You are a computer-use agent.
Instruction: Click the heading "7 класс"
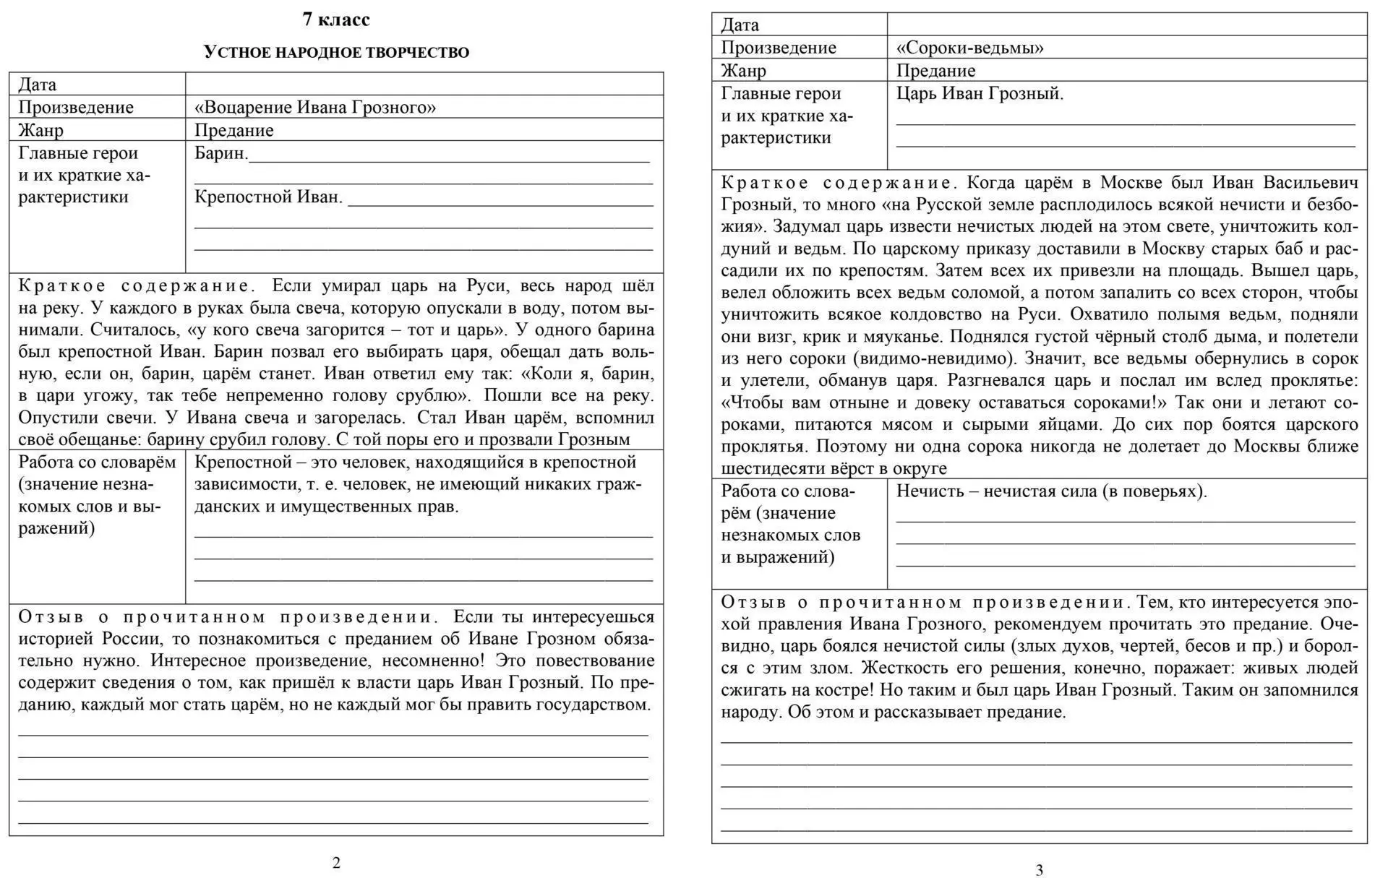coord(336,20)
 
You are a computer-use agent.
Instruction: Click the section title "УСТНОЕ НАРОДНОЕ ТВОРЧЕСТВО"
coord(336,52)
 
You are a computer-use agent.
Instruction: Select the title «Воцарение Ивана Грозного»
coord(315,108)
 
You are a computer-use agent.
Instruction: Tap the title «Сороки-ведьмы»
coord(970,48)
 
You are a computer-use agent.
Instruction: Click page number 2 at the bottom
coord(336,862)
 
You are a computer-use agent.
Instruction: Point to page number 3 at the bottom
coord(1040,870)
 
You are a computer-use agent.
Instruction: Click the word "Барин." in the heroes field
coord(221,153)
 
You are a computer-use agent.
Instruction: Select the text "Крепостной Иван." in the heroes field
coord(268,197)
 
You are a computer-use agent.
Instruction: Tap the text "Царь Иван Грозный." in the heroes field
coord(980,94)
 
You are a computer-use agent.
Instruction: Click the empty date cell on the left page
coord(424,85)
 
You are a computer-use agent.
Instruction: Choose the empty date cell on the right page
coord(1126,25)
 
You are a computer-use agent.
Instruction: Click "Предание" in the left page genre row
coord(234,131)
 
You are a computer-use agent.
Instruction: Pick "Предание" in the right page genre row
coord(935,71)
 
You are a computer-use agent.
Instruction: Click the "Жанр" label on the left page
coord(40,131)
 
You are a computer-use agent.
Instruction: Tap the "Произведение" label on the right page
coord(779,48)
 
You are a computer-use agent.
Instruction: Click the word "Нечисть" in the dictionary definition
coord(928,492)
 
